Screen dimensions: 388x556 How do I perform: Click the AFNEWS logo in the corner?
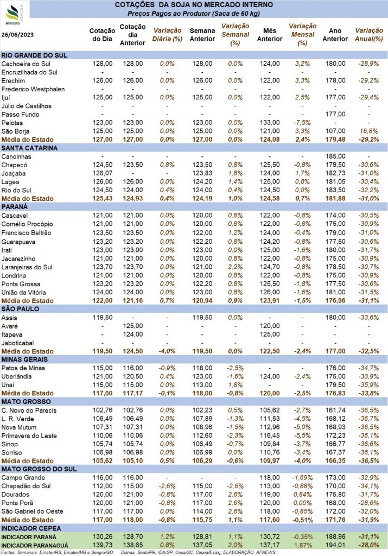coord(14,14)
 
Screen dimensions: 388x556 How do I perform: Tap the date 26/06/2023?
coord(17,35)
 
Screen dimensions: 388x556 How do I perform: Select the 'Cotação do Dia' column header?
coord(102,35)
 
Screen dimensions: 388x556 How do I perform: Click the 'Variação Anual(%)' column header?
coord(369,35)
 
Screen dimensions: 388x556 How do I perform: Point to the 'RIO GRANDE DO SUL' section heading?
coord(34,55)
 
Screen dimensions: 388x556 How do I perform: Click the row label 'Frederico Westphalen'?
coord(33,89)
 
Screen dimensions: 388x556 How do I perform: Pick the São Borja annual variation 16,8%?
coord(369,131)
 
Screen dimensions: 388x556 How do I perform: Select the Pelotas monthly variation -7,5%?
coord(302,123)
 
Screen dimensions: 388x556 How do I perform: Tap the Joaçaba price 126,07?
coord(103,173)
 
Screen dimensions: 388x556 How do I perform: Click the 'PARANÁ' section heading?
coord(15,207)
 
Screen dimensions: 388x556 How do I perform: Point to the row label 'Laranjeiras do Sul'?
coord(27,267)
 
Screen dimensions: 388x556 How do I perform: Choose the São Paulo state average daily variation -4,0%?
coord(167,351)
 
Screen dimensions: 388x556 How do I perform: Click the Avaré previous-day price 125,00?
coord(133,326)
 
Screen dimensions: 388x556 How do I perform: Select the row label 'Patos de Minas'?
coord(23,368)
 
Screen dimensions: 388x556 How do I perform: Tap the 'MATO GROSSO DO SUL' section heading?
coord(39,469)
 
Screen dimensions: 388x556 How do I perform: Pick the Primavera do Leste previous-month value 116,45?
coord(270,436)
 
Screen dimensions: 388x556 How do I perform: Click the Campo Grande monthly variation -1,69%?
coord(302,478)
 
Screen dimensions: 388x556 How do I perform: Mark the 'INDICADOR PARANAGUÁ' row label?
coord(34,546)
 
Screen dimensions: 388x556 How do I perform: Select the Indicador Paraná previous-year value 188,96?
coord(335,537)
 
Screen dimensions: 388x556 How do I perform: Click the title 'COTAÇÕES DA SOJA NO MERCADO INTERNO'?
coord(194,5)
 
